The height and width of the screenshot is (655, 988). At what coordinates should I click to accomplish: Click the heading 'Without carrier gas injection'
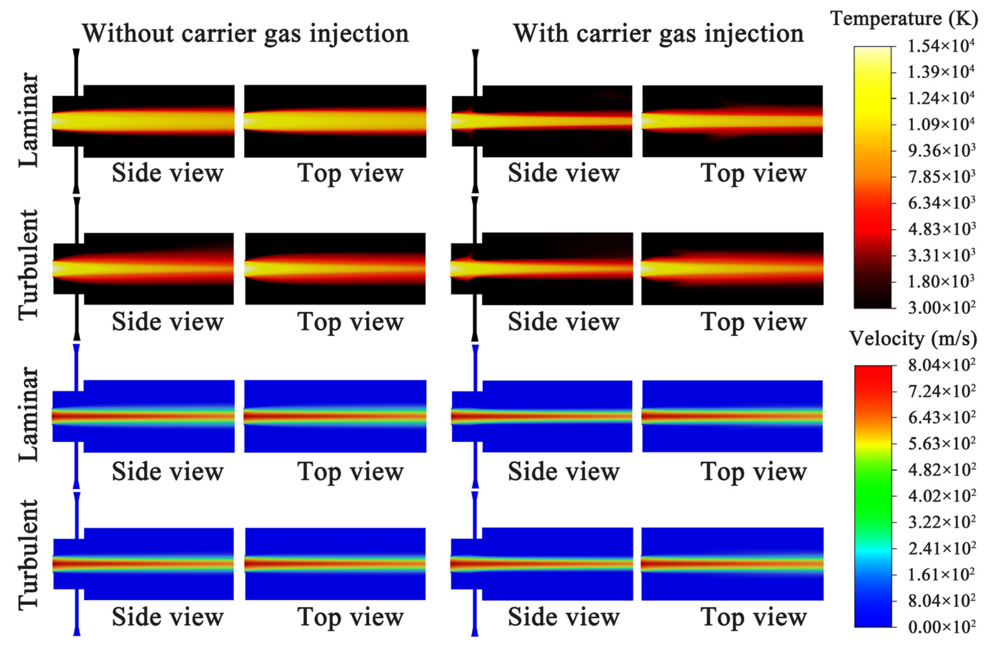(245, 34)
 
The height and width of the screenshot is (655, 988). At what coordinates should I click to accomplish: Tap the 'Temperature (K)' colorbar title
(904, 19)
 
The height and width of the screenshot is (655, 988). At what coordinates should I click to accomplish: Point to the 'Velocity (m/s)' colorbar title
(913, 338)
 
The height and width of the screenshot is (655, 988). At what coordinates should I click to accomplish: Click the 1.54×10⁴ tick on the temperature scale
(941, 46)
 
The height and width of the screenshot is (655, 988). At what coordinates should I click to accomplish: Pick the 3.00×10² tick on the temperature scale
(941, 308)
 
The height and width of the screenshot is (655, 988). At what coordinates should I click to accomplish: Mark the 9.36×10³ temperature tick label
(941, 151)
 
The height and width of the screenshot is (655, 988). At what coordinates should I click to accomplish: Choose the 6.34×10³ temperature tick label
(941, 203)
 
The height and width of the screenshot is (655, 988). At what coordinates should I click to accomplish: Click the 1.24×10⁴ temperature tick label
(941, 98)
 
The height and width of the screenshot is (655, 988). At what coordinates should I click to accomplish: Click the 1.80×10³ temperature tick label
(941, 282)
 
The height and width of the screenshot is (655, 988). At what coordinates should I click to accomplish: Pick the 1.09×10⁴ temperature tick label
(941, 125)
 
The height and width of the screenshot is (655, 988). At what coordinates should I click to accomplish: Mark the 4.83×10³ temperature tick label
(941, 229)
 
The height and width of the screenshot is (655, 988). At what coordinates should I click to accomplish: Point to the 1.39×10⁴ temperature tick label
(941, 72)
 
